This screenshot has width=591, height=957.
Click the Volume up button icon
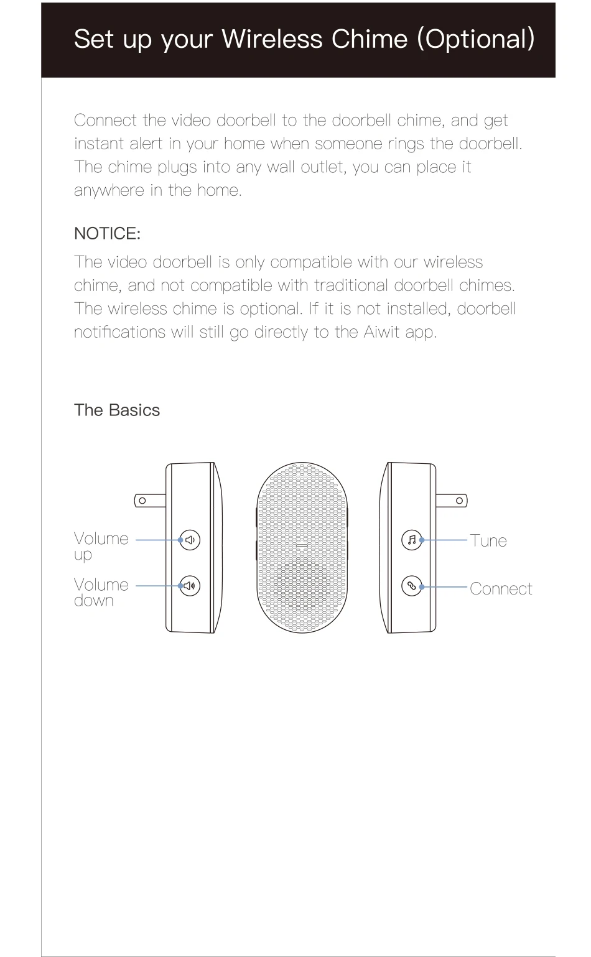[190, 540]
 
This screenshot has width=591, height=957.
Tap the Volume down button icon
[190, 586]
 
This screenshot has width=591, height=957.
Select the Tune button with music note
[412, 540]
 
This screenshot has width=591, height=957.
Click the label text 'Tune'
[488, 541]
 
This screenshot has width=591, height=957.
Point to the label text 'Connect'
[501, 589]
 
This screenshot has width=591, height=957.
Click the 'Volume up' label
[100, 546]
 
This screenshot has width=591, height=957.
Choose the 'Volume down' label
[100, 592]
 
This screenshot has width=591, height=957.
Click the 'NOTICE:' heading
[107, 234]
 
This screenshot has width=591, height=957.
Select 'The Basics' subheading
[117, 410]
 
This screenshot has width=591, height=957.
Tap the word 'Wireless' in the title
[272, 39]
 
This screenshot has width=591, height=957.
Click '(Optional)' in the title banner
[476, 39]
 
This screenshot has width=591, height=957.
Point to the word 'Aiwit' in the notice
[381, 332]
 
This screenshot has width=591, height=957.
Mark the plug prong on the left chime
[150, 501]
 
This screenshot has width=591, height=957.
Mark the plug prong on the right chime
[452, 501]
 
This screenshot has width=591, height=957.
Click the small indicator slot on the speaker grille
[302, 546]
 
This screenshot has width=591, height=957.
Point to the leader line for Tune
[445, 540]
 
